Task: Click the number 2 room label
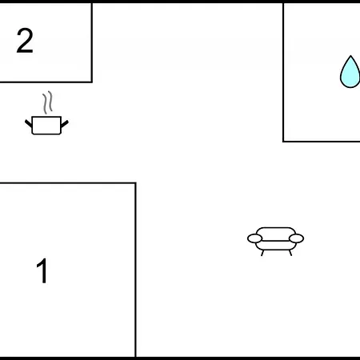coord(25,41)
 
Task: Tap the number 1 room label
coord(42,270)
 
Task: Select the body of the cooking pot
coord(46,126)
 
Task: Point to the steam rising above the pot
coord(47,102)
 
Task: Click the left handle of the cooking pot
coord(29,123)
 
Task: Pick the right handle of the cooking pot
coord(65,124)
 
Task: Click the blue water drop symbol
coord(350,72)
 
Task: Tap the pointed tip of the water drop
coord(350,56)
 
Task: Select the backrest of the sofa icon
coord(276,234)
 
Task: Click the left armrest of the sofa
coord(254,238)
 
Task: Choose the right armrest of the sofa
coord(297,238)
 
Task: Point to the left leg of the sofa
coord(262,253)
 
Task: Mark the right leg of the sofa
coord(290,253)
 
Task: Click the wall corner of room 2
coord(92,82)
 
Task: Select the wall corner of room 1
coord(135,183)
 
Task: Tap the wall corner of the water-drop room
coord(283,142)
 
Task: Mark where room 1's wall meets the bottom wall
coord(135,357)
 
